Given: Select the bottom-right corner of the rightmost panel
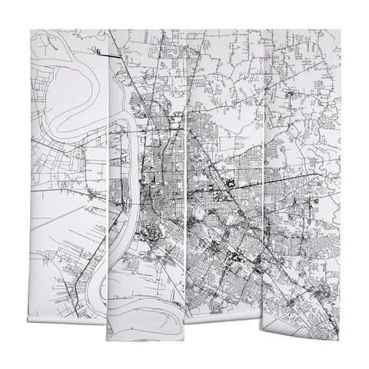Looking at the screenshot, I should (337, 323).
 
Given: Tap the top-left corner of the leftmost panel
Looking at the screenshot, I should (31, 32).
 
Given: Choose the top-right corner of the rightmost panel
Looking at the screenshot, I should (337, 32).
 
